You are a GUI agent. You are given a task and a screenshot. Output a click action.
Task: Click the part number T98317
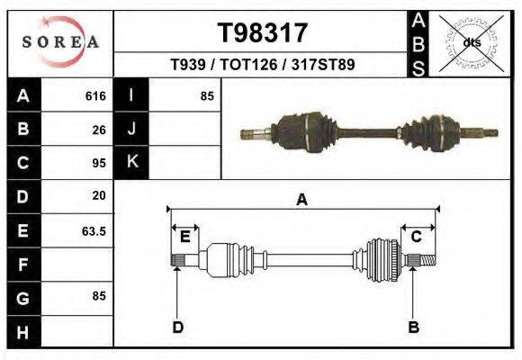click(263, 33)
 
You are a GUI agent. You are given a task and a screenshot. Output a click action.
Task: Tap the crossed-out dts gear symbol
click(471, 41)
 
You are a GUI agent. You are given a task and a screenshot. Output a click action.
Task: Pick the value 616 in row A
click(95, 95)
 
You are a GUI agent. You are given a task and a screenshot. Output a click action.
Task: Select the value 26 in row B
click(99, 129)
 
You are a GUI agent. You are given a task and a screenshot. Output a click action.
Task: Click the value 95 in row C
click(99, 163)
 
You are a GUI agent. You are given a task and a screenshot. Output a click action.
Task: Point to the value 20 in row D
click(99, 195)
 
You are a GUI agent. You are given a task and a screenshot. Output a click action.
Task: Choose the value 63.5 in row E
click(94, 230)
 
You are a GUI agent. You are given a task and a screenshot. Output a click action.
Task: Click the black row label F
click(23, 265)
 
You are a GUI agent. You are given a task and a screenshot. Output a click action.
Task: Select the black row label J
click(131, 129)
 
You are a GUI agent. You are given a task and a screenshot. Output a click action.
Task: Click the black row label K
click(131, 163)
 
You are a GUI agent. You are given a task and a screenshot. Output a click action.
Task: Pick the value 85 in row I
click(207, 95)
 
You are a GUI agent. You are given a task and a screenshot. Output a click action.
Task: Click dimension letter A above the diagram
click(301, 200)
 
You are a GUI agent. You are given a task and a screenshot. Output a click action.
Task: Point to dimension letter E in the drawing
click(184, 237)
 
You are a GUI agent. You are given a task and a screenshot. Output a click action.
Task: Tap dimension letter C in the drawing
click(417, 237)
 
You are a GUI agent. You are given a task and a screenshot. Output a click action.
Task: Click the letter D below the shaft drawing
click(177, 326)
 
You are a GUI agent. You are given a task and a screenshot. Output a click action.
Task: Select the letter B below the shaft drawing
click(414, 326)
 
